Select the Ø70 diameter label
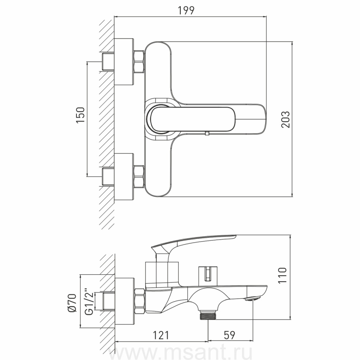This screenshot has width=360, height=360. coord(72,303)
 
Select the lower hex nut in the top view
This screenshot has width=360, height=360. coord(139,176)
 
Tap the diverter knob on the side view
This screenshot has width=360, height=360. coord(208,273)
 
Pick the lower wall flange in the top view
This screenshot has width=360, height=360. coord(124,176)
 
